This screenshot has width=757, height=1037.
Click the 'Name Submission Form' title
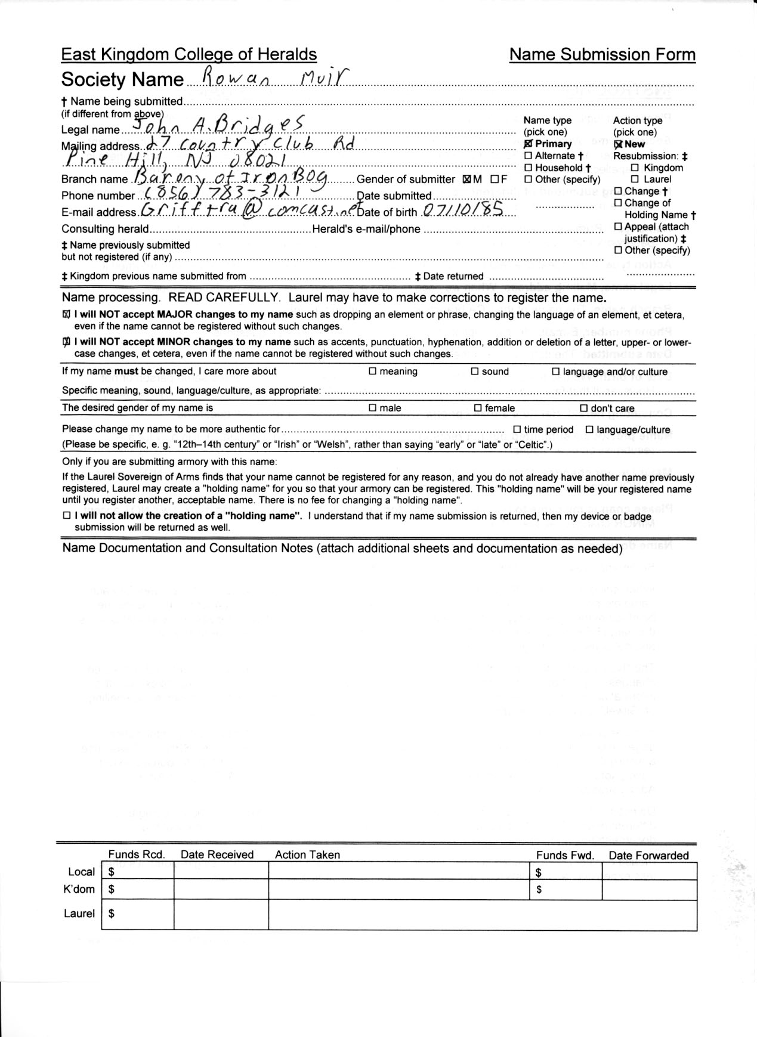tap(602, 55)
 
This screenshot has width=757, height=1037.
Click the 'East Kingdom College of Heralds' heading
tap(189, 55)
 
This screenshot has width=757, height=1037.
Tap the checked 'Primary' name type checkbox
tap(528, 144)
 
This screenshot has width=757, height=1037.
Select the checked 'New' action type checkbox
tap(618, 144)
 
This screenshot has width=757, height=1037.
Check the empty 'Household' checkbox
tap(528, 168)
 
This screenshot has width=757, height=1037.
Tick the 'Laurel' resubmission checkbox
tap(635, 179)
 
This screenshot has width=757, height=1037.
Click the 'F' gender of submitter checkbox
tap(495, 179)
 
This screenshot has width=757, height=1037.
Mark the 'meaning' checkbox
tap(372, 372)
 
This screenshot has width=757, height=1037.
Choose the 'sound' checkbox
tap(475, 372)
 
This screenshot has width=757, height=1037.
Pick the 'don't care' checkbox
tap(584, 408)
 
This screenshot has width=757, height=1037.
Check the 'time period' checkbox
tap(517, 430)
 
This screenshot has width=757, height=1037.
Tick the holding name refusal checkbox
tap(66, 516)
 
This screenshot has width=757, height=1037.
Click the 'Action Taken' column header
tap(307, 855)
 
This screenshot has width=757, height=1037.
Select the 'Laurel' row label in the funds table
tap(79, 913)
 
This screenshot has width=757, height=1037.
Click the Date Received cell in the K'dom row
tap(221, 890)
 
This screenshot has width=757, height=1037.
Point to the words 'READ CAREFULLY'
tap(224, 298)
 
